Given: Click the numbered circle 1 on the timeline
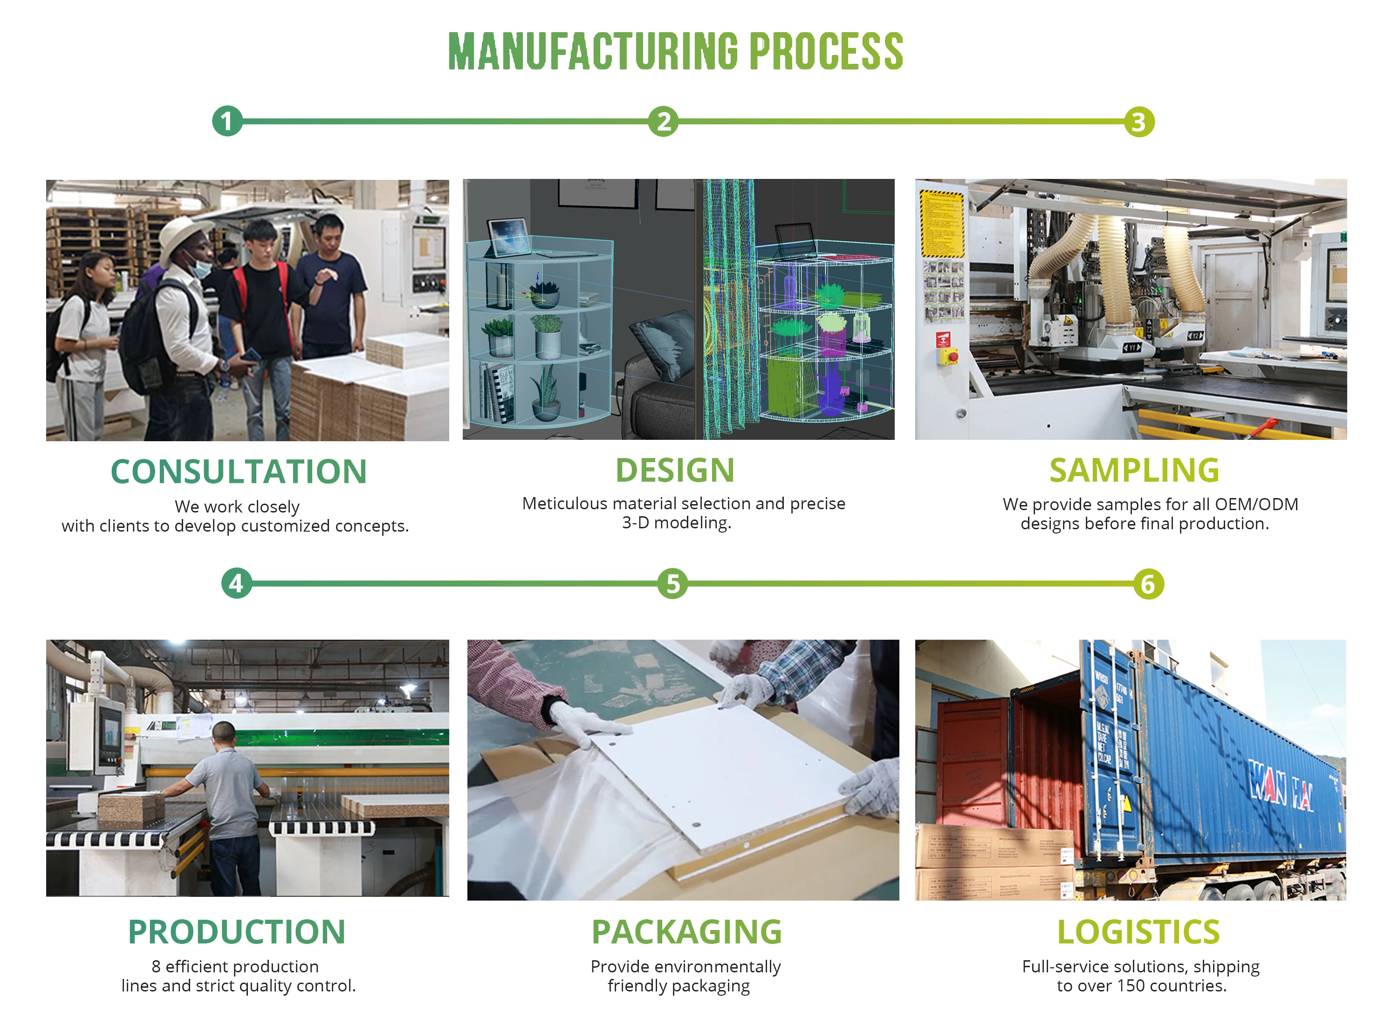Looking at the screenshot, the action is pos(227,121).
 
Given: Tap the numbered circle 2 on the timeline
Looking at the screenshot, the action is pos(663,121).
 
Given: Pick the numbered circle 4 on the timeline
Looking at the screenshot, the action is pos(236,583).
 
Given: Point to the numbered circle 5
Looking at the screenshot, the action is pos(672,584).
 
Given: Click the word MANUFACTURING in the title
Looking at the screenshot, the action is pos(593,52).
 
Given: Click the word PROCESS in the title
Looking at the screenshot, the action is pos(827,52).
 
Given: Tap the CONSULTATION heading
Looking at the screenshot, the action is pos(239,471).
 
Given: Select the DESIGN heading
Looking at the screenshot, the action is pos(675,470).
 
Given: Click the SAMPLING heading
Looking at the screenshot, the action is pos(1134,470).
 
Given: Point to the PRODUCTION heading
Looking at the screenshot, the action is pos(236,931).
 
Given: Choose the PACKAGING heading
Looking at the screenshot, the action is pos(686,931).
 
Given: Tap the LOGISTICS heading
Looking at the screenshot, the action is pos(1138,931).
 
